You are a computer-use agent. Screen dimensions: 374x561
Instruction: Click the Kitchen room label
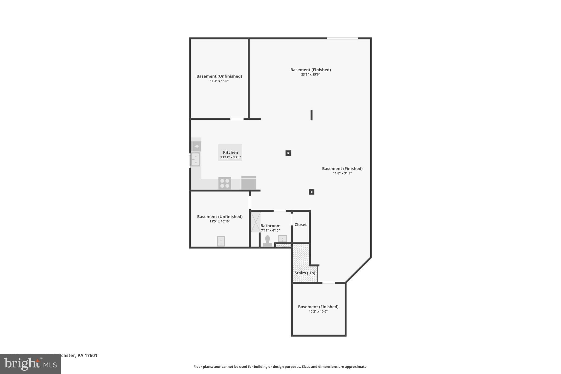(x=230, y=152)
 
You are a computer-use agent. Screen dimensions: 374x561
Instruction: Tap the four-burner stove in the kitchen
(x=225, y=183)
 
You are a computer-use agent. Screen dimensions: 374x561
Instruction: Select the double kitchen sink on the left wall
(x=195, y=159)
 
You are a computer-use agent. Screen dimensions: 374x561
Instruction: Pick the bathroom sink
(x=282, y=239)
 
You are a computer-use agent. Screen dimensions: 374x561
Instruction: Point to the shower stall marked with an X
(x=256, y=222)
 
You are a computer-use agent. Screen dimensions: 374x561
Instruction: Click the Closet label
(x=300, y=225)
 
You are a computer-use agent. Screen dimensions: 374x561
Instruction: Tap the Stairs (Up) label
(x=305, y=273)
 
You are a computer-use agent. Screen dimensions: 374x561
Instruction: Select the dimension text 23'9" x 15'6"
(x=310, y=75)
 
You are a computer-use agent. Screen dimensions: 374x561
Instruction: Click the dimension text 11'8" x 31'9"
(x=342, y=173)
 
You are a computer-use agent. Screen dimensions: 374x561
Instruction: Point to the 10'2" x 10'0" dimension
(x=318, y=312)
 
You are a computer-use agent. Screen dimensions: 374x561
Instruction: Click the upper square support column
(x=288, y=153)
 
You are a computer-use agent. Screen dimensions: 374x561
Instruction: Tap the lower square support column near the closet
(x=311, y=192)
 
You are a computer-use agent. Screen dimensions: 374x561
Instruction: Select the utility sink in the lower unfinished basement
(x=221, y=241)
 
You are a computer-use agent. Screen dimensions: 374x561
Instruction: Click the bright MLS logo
(x=30, y=364)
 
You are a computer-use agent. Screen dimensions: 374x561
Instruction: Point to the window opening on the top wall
(x=342, y=38)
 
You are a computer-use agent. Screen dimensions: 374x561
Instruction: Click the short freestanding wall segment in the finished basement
(x=311, y=115)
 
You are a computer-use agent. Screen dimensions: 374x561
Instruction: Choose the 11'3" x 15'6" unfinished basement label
(x=219, y=81)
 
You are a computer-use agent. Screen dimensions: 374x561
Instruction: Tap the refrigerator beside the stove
(x=249, y=183)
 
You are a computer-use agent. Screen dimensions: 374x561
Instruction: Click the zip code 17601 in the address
(x=91, y=356)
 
